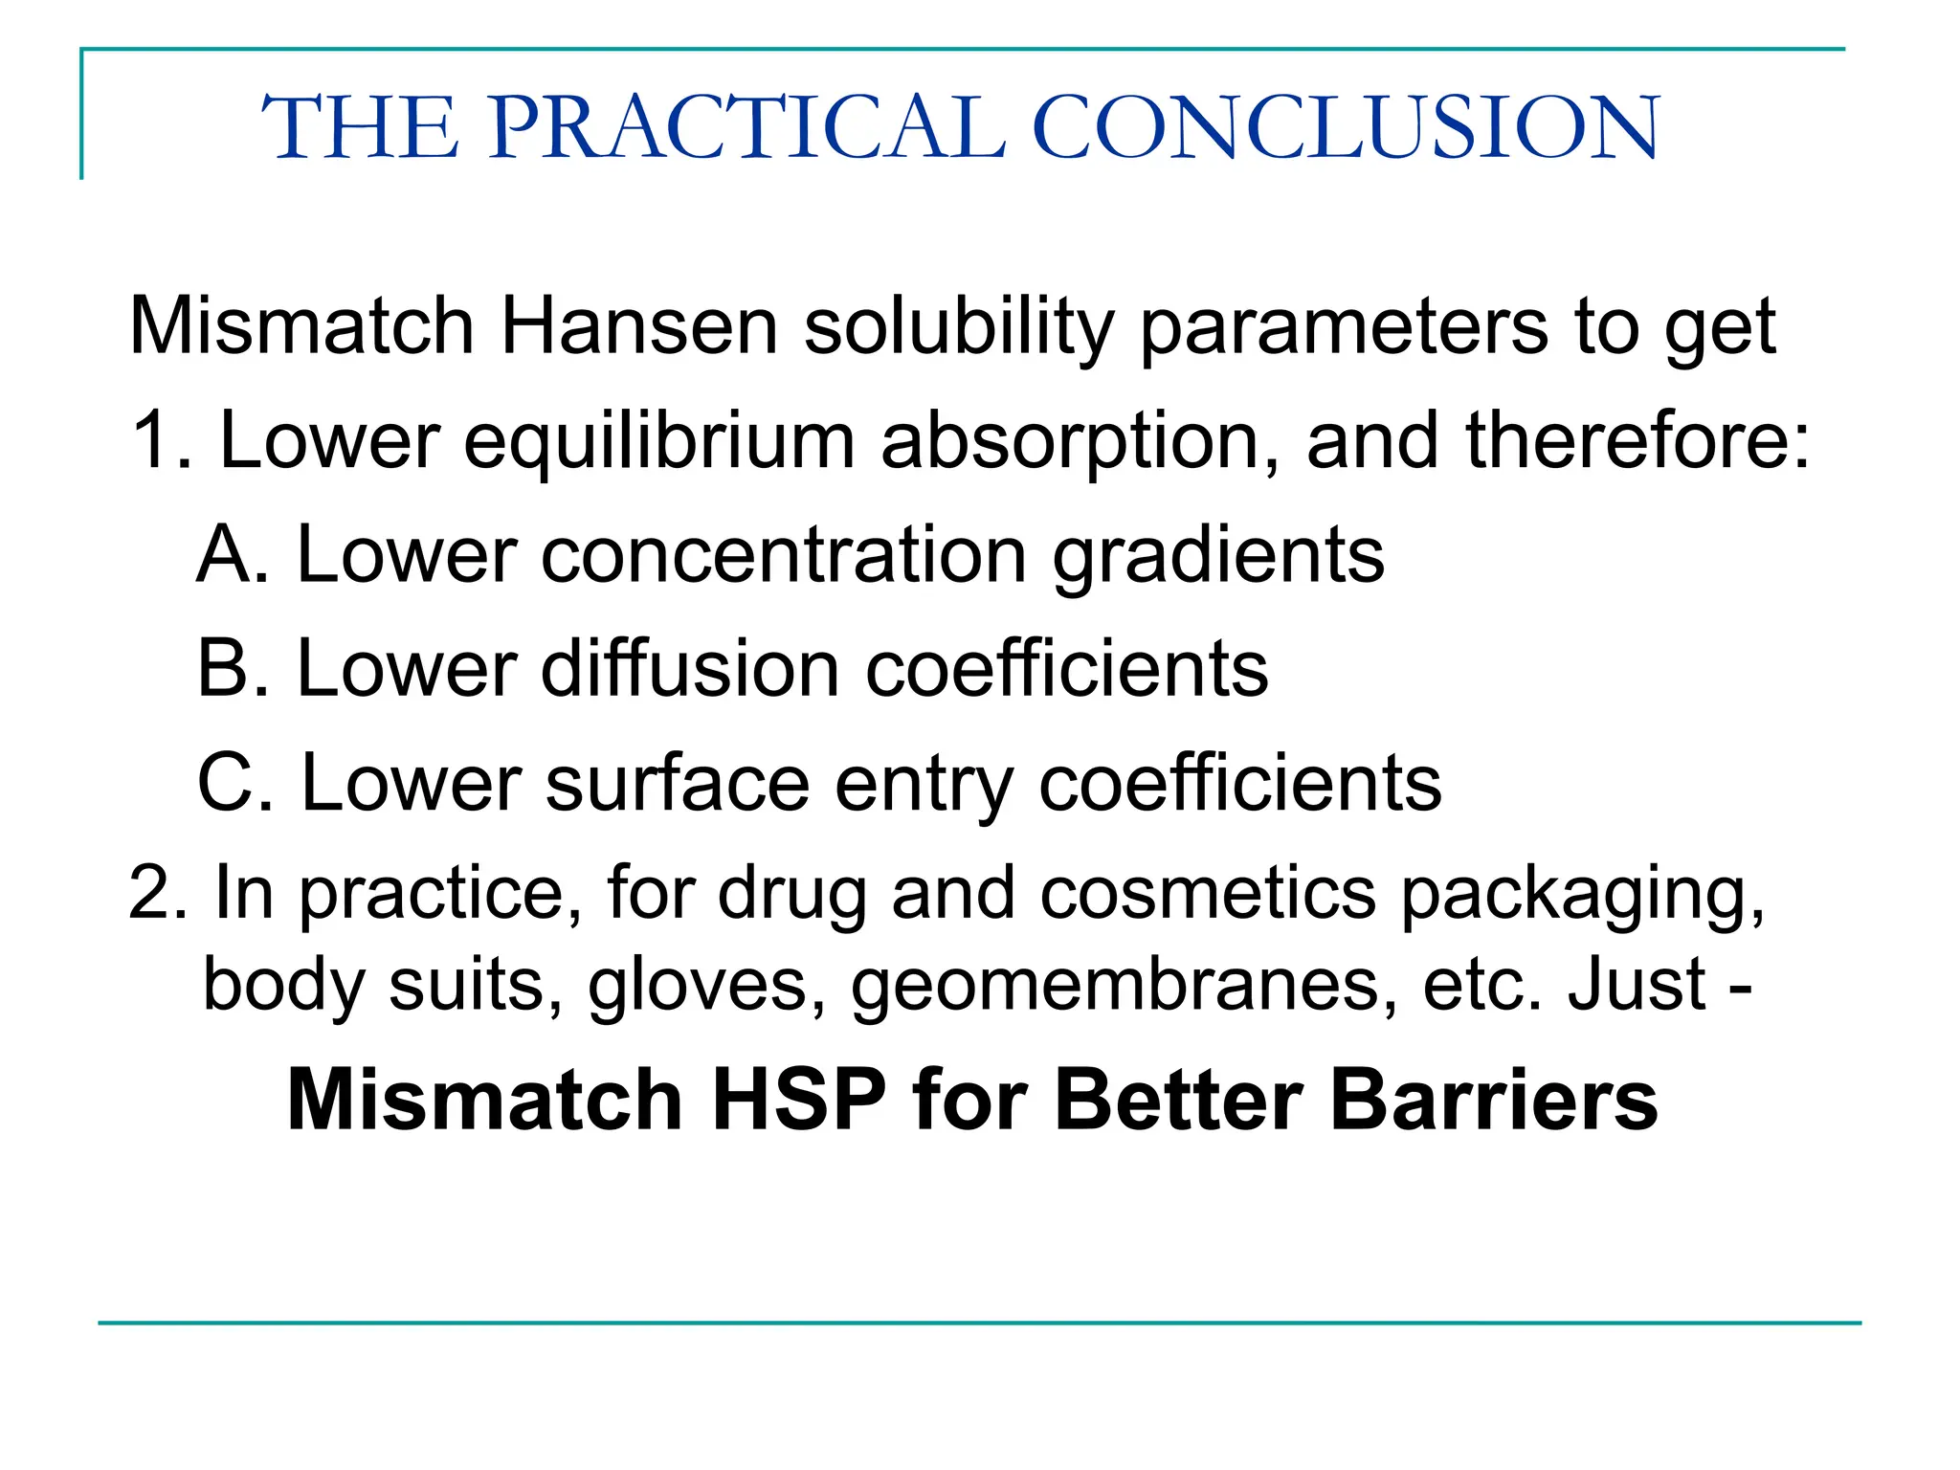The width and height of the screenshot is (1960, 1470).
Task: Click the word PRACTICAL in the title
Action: click(x=748, y=127)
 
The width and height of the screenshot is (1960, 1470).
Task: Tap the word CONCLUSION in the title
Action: click(x=1346, y=127)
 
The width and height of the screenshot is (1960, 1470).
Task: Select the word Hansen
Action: click(x=638, y=327)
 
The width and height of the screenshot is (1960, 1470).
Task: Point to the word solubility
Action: click(x=959, y=327)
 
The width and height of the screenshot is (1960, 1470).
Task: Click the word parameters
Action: click(x=1344, y=327)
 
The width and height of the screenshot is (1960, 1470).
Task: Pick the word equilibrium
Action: click(x=658, y=442)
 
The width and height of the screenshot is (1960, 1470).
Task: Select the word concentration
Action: click(x=783, y=555)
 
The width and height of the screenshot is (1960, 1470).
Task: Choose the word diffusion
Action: click(x=689, y=668)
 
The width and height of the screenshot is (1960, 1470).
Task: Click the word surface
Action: click(x=678, y=783)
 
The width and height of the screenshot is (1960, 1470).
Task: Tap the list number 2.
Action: click(x=155, y=894)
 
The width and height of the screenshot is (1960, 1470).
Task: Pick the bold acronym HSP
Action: click(x=799, y=1101)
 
